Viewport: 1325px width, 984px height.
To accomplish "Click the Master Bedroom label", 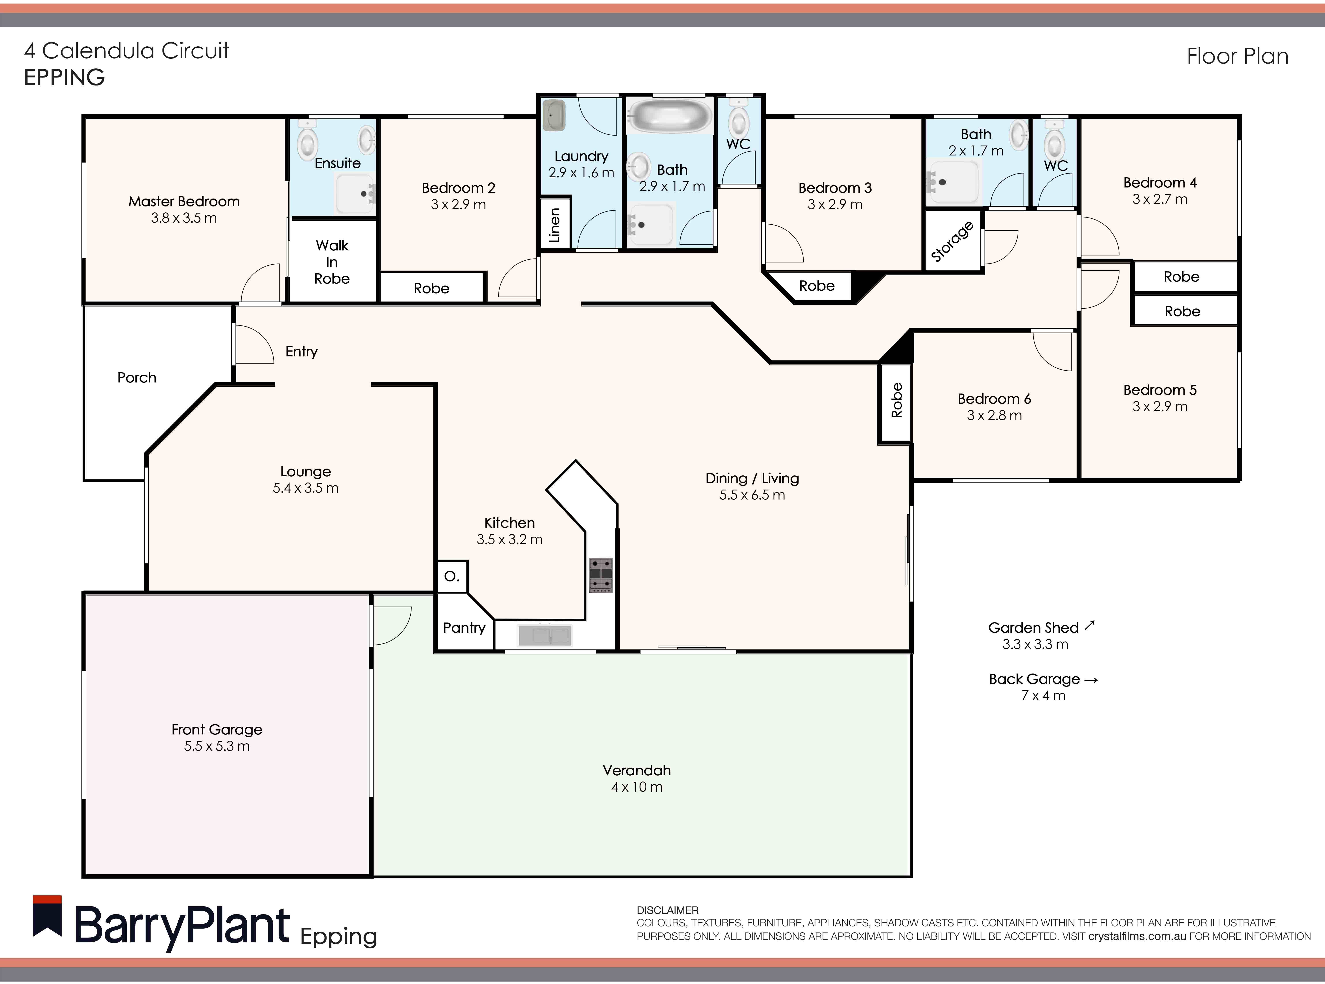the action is tap(184, 201).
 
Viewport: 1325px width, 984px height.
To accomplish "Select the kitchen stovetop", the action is tap(601, 575).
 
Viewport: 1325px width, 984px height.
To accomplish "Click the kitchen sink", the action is tap(545, 636).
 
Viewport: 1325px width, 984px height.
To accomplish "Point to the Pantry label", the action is tap(464, 628).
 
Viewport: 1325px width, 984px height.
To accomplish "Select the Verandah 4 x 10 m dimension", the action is tap(637, 787).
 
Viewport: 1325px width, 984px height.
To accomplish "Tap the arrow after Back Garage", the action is tap(1091, 680).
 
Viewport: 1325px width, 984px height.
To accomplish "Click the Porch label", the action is tap(137, 378).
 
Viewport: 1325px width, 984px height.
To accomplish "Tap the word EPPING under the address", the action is tap(64, 78).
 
